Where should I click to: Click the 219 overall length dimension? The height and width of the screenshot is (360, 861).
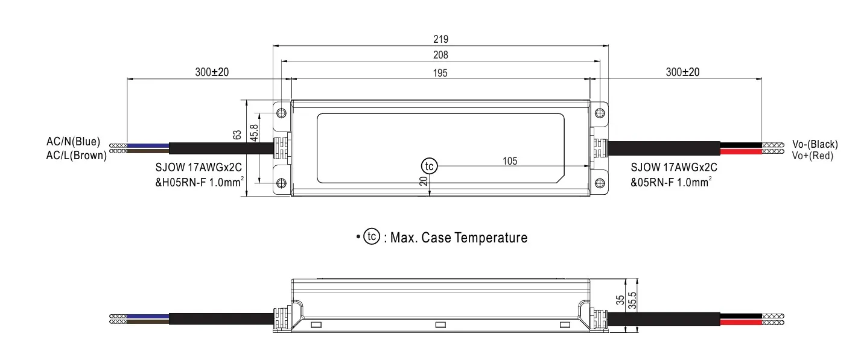pos(440,39)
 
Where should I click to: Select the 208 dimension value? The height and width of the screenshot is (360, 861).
pos(440,55)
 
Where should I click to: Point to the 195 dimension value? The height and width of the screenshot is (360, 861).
pos(440,72)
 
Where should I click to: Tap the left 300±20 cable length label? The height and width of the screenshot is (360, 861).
pos(212,72)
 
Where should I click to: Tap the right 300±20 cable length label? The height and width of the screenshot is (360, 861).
pos(682,72)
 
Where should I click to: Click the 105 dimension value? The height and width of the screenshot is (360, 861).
pos(510,161)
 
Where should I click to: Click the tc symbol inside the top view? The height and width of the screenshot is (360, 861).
pos(428,166)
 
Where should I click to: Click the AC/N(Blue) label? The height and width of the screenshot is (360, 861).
pos(73,143)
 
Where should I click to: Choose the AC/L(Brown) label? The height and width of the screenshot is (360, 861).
pos(76,155)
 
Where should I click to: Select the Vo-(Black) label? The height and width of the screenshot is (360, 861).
pos(815,144)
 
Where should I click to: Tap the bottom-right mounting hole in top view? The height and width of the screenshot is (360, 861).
pos(599,183)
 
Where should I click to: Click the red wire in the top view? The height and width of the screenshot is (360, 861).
pos(740,151)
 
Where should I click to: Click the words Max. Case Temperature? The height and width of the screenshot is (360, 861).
pos(459,238)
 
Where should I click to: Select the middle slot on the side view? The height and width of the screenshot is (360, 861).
pos(440,325)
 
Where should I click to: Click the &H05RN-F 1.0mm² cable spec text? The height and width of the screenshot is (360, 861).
pos(200,181)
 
